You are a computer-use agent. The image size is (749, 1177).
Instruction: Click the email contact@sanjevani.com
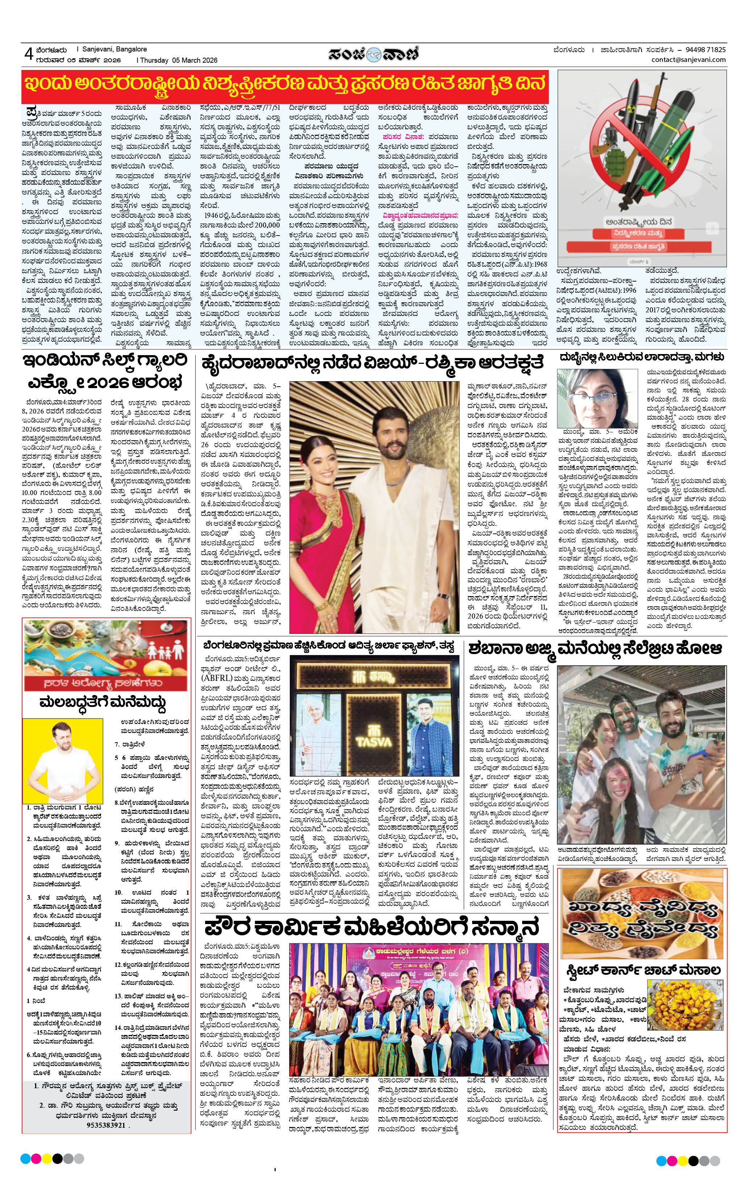688,60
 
